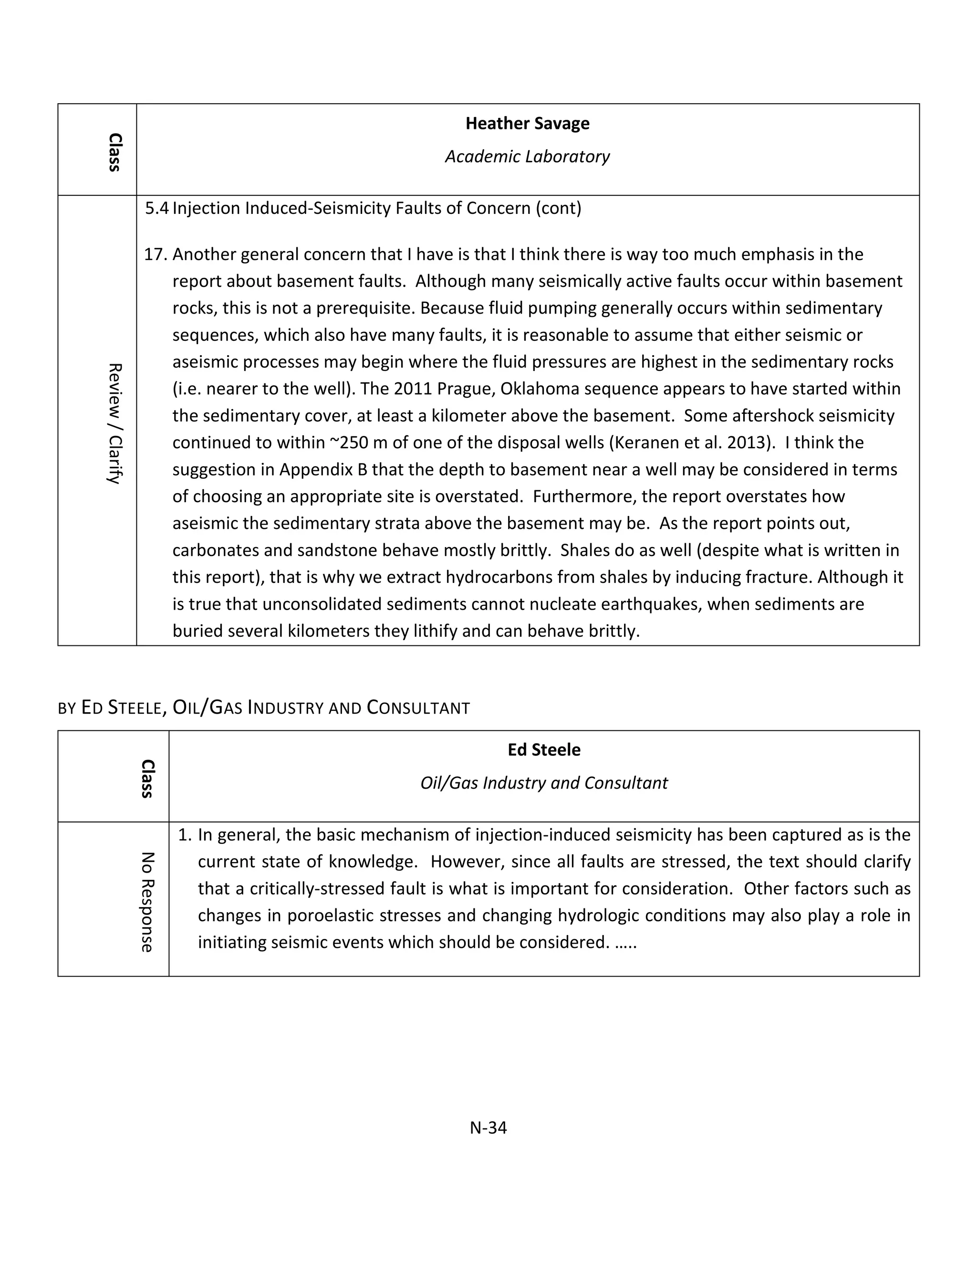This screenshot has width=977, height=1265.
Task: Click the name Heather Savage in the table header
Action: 527,123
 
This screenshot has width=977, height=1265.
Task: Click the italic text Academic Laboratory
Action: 527,157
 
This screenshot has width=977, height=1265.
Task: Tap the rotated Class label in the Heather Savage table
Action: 115,152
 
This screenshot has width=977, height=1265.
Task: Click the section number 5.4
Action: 156,208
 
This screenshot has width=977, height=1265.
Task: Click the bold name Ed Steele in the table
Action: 543,749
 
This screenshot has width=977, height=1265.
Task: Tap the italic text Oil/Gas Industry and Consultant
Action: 543,783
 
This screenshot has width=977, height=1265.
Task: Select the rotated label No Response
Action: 147,902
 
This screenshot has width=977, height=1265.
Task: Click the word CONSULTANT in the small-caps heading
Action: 418,708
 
